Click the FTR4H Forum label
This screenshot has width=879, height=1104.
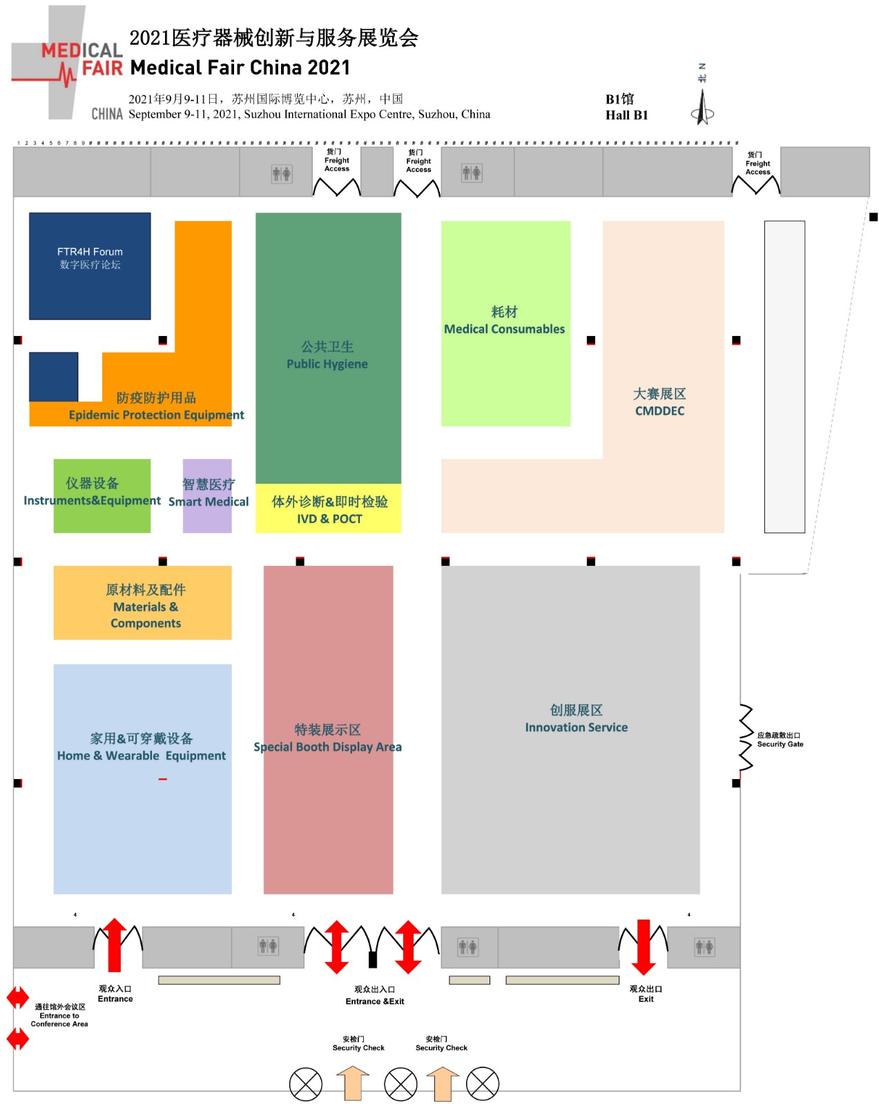pyautogui.click(x=90, y=253)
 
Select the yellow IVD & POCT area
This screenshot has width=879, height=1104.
pyautogui.click(x=329, y=510)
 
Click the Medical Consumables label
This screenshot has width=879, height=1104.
pyautogui.click(x=504, y=329)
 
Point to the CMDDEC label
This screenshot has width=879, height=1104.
pyautogui.click(x=659, y=411)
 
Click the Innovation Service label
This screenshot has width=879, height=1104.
pyautogui.click(x=576, y=727)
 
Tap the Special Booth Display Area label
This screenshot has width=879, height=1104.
pyautogui.click(x=327, y=747)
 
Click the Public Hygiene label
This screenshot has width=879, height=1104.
pyautogui.click(x=327, y=364)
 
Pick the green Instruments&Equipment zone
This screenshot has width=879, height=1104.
pyautogui.click(x=102, y=495)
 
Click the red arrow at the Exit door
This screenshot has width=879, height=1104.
pyautogui.click(x=643, y=946)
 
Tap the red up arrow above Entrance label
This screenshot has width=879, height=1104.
pyautogui.click(x=115, y=945)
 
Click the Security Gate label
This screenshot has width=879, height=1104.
pyautogui.click(x=780, y=744)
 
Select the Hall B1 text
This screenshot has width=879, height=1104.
pyautogui.click(x=626, y=115)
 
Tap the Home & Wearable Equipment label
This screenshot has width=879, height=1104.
pyautogui.click(x=142, y=756)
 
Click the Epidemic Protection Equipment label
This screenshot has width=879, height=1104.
pyautogui.click(x=156, y=415)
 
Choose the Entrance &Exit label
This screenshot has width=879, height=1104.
pyautogui.click(x=375, y=1001)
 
